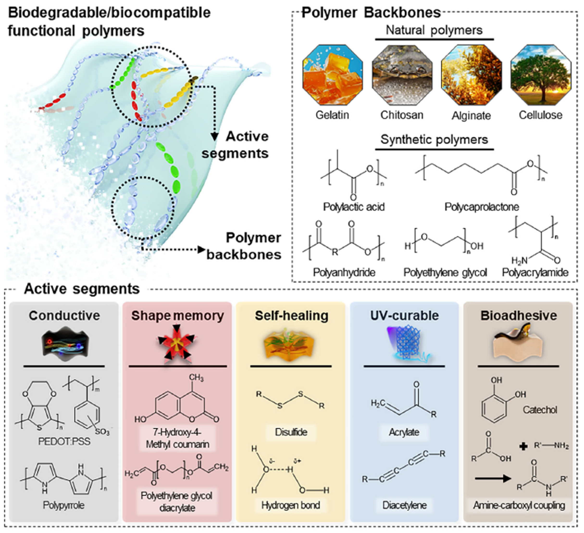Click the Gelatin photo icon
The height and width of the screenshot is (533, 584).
click(332, 75)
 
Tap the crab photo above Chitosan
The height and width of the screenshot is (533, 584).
click(402, 75)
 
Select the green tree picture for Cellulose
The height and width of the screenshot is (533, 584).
click(541, 75)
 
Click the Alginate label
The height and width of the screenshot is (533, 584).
click(471, 116)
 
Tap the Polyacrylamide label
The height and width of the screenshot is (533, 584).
click(535, 272)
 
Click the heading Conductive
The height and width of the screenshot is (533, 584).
click(64, 316)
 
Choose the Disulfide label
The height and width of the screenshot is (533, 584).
click(291, 432)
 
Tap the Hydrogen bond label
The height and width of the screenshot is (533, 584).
click(291, 505)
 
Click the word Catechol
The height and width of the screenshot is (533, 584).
click(540, 410)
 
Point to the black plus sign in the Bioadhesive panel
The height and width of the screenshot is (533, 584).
click(523, 447)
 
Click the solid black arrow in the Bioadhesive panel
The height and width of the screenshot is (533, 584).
click(493, 478)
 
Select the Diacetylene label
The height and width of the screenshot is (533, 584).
click(404, 505)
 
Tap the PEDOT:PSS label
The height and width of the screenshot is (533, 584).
click(64, 441)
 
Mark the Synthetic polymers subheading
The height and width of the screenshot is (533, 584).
click(434, 140)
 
